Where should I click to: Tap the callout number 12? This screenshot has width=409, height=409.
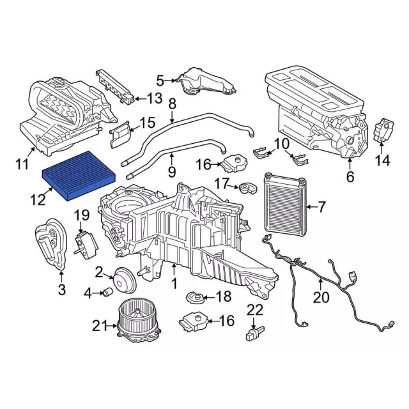pos(36,200)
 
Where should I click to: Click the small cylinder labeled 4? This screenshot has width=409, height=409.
pos(109,293)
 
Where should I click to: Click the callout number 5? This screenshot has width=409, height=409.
pos(160,80)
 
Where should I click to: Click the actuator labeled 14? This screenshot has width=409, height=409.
pos(384,132)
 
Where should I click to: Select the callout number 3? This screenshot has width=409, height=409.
pos(61,291)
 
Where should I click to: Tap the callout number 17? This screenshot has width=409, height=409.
pos(221,184)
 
